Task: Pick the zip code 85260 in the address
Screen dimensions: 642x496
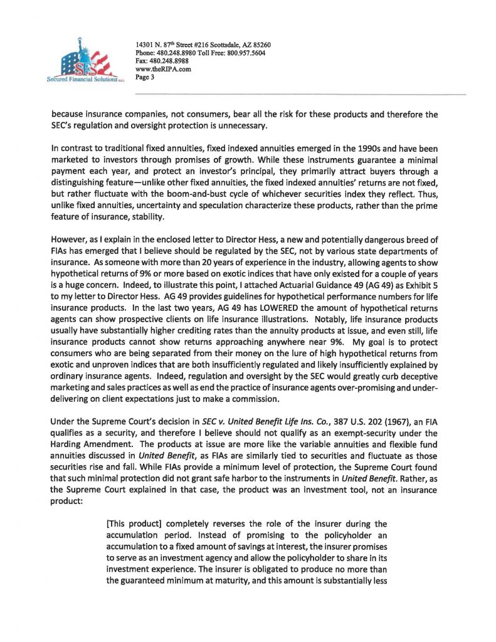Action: tap(258, 45)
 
